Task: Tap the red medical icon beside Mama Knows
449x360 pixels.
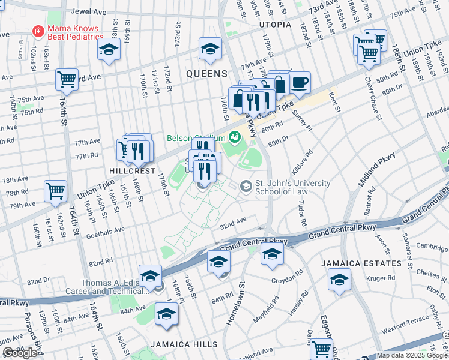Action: (38, 29)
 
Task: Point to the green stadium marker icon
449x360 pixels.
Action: (234, 137)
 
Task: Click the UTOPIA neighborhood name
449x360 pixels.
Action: (275, 25)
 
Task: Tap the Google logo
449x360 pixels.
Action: (20, 353)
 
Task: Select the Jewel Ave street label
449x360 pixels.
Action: (89, 11)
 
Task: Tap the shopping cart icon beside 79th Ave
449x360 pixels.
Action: (56, 191)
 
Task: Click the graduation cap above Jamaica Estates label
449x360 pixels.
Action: (339, 280)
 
